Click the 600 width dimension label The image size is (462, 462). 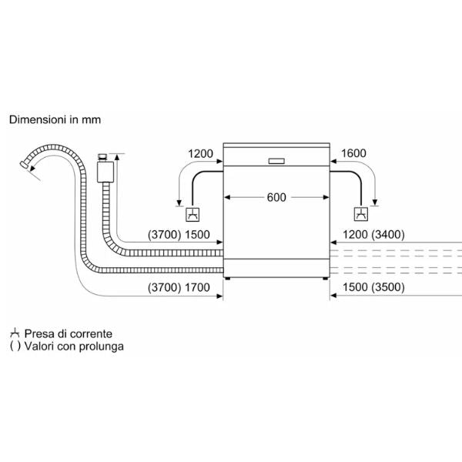tap(276, 197)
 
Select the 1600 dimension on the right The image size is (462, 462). tap(353, 153)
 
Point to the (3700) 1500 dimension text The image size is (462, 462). tap(179, 235)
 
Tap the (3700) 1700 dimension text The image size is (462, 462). tap(179, 287)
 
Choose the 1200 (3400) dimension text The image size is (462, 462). tap(373, 235)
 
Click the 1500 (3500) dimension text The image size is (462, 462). tap(373, 287)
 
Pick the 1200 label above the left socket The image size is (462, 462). tap(200, 154)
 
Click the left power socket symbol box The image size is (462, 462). tap(192, 215)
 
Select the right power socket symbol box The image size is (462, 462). tap(361, 214)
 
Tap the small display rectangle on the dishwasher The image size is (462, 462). tap(276, 161)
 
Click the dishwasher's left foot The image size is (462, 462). tap(227, 278)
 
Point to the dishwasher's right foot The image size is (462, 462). tap(325, 278)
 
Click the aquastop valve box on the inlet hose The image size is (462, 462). tap(105, 172)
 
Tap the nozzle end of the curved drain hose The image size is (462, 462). tap(24, 165)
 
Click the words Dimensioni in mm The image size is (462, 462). tap(55, 119)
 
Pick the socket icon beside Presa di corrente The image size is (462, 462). tap(15, 333)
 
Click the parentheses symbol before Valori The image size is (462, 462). tap(15, 346)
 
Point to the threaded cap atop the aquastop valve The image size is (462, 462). tap(103, 157)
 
